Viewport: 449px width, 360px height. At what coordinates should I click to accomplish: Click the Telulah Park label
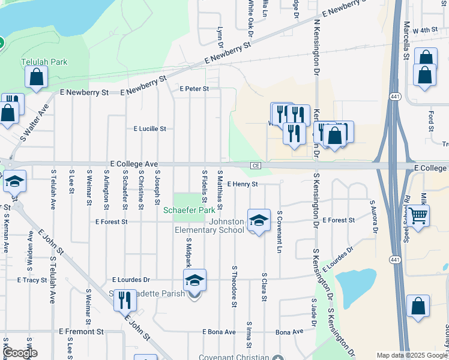pyautogui.click(x=44, y=62)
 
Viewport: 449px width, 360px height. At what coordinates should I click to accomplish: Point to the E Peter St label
pyautogui.click(x=194, y=89)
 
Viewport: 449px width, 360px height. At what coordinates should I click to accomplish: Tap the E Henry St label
pyautogui.click(x=243, y=184)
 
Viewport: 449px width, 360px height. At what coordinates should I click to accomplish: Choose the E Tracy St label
pyautogui.click(x=32, y=280)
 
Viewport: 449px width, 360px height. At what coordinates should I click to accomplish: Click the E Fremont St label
pyautogui.click(x=81, y=331)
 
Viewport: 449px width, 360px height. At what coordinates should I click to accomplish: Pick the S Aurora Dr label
pyautogui.click(x=374, y=217)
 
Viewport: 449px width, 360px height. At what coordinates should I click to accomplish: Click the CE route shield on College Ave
pyautogui.click(x=256, y=165)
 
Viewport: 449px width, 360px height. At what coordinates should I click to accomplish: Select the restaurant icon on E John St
pyautogui.click(x=124, y=299)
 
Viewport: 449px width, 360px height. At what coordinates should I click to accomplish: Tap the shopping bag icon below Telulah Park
pyautogui.click(x=36, y=77)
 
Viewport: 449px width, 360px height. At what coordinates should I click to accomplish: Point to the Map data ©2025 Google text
pyautogui.click(x=412, y=355)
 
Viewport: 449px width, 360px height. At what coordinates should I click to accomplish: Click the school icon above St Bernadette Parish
pyautogui.click(x=194, y=280)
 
